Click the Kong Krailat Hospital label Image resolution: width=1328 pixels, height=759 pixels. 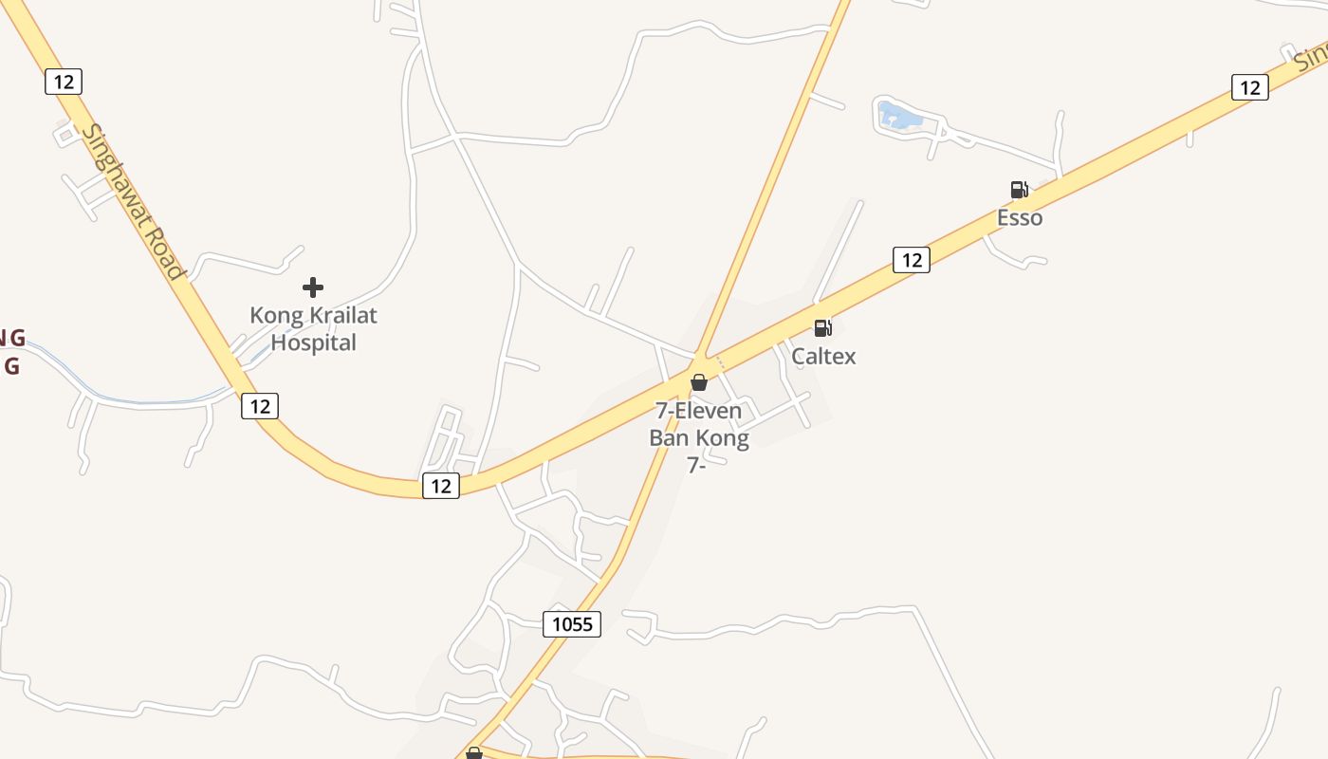click(313, 328)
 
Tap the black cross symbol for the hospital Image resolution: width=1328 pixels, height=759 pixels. click(313, 287)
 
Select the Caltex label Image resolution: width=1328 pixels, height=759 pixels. click(823, 357)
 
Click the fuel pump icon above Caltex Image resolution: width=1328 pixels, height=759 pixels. click(822, 328)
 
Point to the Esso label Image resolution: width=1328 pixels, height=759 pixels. click(1020, 218)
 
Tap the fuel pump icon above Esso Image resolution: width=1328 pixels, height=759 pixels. click(1019, 190)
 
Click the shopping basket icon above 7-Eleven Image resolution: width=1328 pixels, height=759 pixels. click(699, 382)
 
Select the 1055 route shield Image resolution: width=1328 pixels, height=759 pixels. click(572, 623)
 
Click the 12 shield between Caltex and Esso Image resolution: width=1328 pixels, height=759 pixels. click(911, 259)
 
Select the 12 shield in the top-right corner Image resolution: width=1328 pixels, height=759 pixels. click(1250, 87)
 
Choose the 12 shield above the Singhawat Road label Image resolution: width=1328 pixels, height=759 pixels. click(64, 82)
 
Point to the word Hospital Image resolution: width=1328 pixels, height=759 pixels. click(313, 342)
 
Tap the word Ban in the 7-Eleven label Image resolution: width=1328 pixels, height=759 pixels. click(670, 438)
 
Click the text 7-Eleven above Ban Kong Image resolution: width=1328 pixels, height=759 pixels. click(699, 412)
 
